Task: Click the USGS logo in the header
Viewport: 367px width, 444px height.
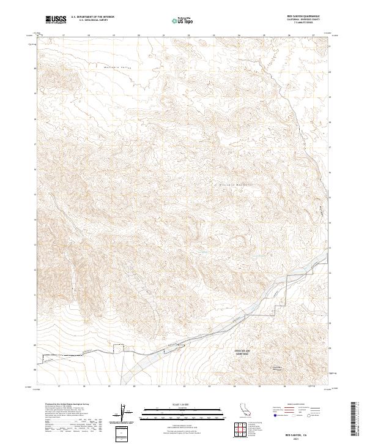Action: click(x=56, y=20)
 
